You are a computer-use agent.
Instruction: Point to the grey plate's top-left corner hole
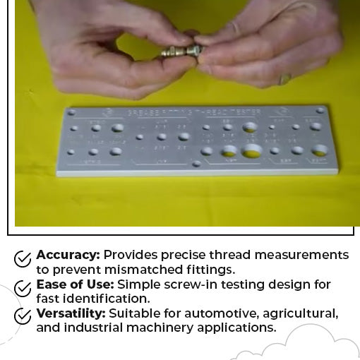[71, 112]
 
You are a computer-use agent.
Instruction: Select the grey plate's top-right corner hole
[320, 110]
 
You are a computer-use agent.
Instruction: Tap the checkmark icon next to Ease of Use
[23, 288]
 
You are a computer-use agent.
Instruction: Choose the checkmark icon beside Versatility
[23, 316]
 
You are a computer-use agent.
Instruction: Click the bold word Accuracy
[68, 255]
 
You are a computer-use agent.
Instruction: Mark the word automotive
[222, 313]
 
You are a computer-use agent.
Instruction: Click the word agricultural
[299, 313]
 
